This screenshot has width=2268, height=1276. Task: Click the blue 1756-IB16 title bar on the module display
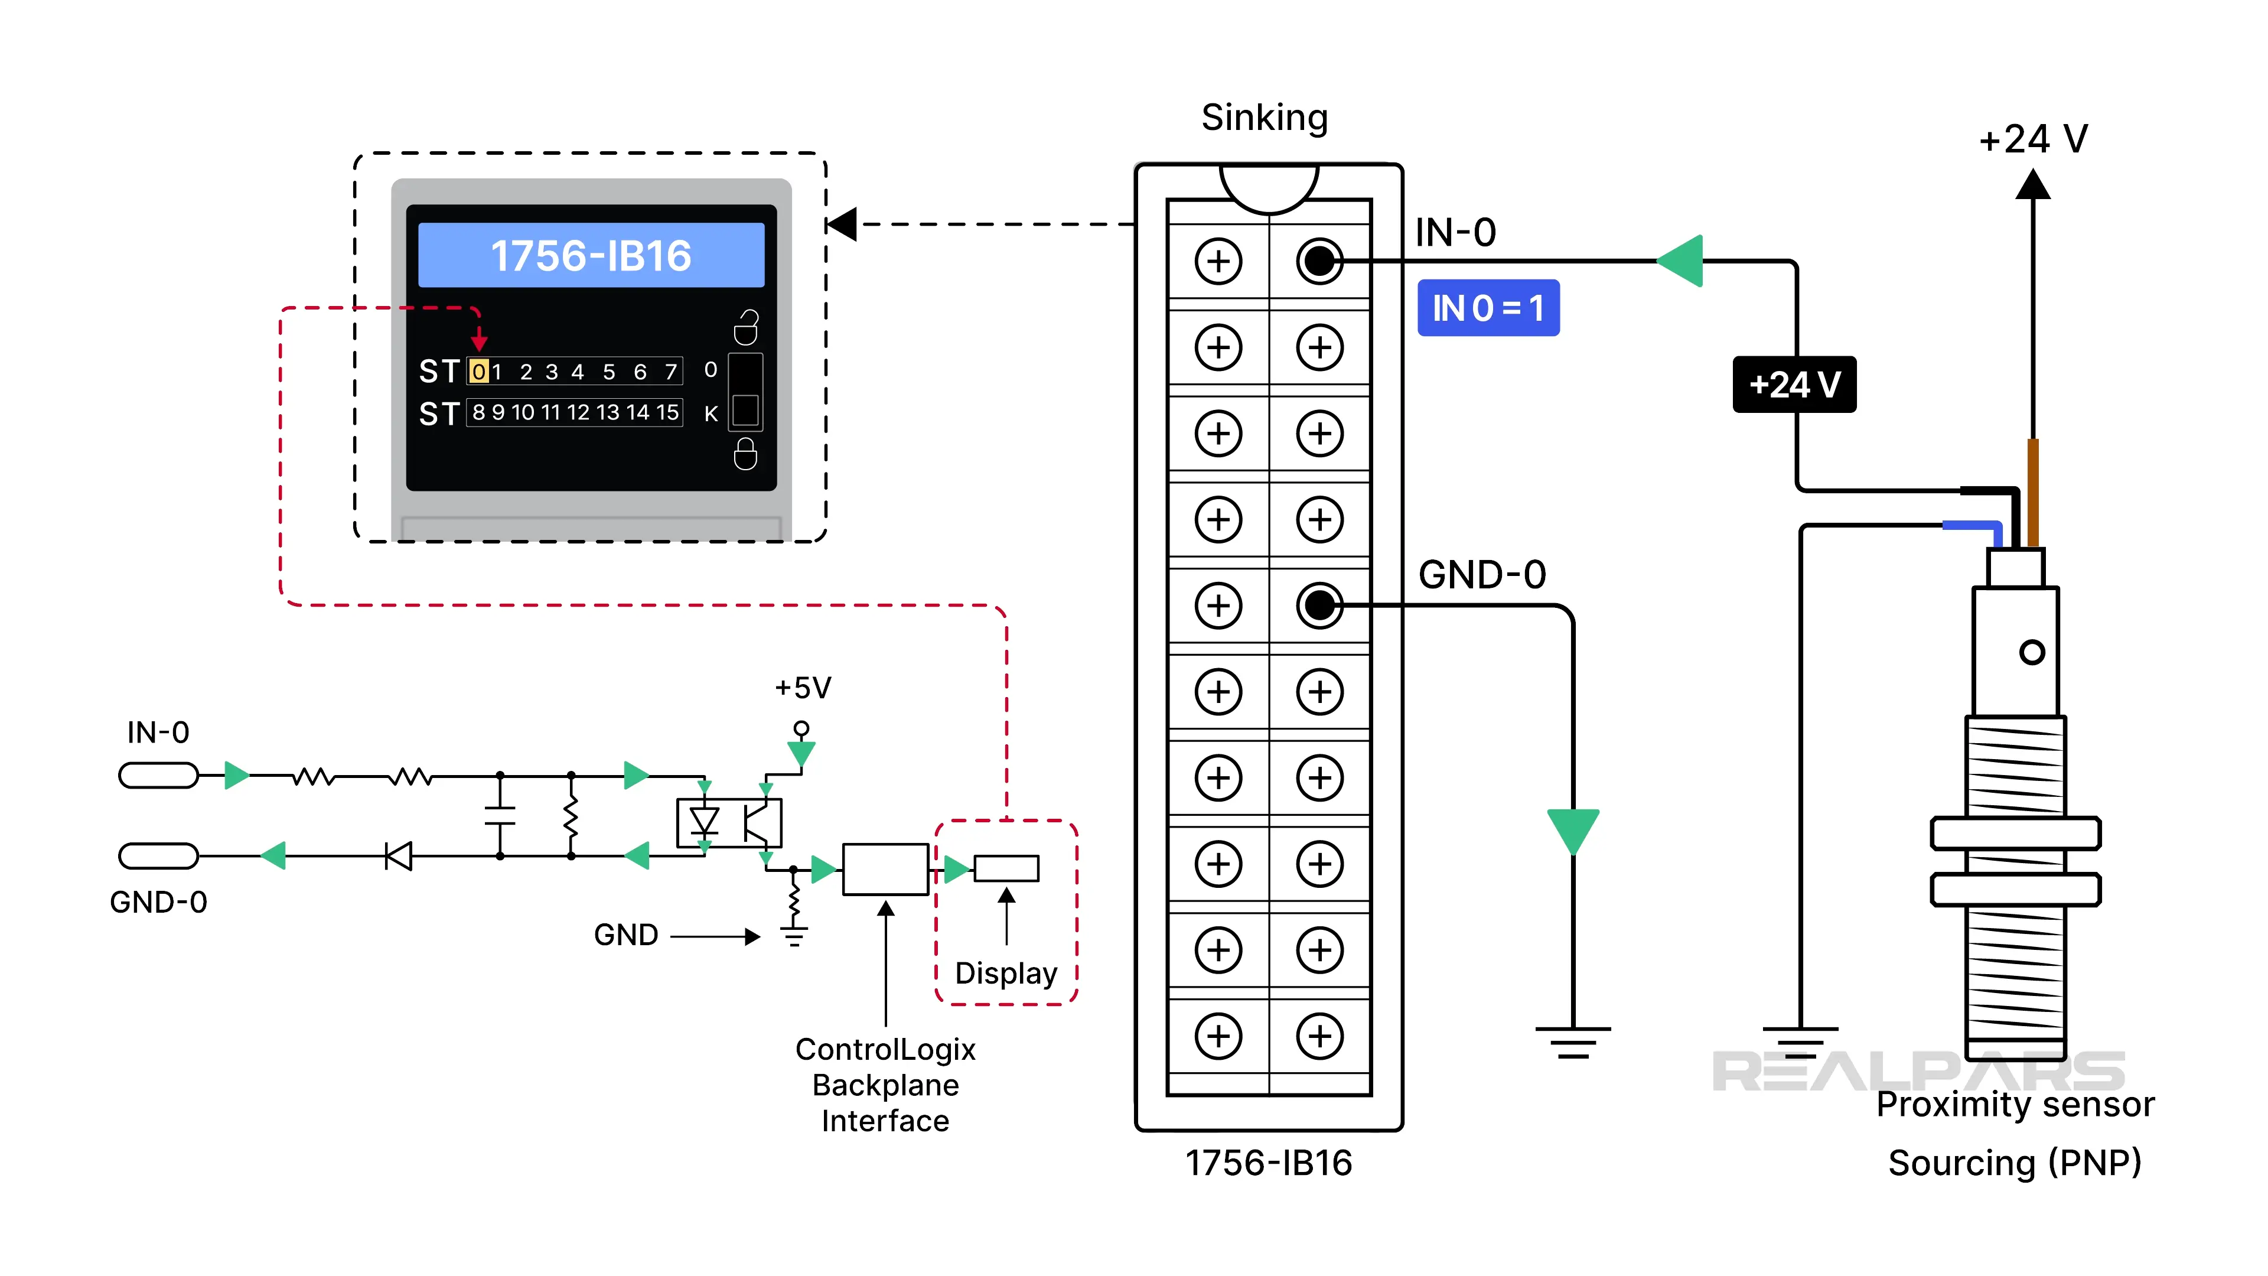tap(591, 255)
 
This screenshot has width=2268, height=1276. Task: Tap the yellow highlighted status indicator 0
tap(478, 372)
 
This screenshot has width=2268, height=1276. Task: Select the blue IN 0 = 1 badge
tap(1488, 308)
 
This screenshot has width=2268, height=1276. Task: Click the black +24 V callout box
tap(1794, 385)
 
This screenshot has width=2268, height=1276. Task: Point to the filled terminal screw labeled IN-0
tap(1319, 261)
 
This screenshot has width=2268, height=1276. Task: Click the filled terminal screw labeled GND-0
tap(1319, 605)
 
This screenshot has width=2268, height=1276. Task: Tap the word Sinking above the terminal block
tap(1265, 117)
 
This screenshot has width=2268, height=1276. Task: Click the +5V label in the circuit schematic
tap(802, 688)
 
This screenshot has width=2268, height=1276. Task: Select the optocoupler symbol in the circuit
tap(729, 822)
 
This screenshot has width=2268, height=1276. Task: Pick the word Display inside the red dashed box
tap(1005, 973)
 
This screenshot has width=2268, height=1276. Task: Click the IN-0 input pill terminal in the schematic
tap(158, 775)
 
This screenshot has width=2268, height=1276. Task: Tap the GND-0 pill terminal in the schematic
tap(158, 855)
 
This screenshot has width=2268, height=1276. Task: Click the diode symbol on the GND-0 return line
tap(399, 855)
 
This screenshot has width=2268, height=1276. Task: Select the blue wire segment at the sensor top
tap(1972, 526)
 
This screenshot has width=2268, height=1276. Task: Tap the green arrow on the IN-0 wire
tap(1681, 261)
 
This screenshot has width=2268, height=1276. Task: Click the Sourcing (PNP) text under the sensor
tap(2015, 1163)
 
